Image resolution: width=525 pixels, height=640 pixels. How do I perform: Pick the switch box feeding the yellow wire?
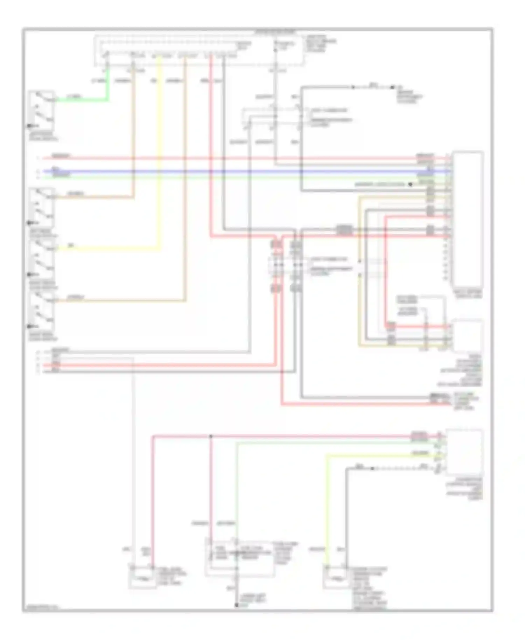tap(42, 259)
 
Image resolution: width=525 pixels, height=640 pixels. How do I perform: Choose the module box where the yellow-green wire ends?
tap(464, 452)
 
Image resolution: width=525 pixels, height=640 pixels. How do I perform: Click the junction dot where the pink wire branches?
tap(211, 436)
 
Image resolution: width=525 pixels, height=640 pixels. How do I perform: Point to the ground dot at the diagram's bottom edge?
tap(237, 605)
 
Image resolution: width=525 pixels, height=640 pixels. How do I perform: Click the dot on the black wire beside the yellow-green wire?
tap(372, 468)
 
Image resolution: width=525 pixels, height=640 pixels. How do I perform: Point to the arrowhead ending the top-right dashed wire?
tap(393, 87)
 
